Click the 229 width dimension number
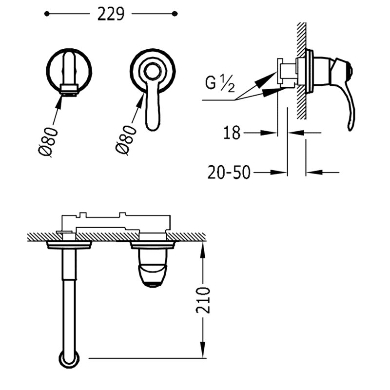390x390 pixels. coord(111,14)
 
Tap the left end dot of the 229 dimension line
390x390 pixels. coord(47,14)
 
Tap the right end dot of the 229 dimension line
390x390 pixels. coord(175,14)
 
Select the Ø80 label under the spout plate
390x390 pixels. coord(48,142)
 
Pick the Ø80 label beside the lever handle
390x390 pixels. coord(126,139)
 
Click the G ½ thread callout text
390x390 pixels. coord(220,83)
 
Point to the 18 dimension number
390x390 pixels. coord(232,133)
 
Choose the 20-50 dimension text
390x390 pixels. coord(229,173)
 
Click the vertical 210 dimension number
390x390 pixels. coord(203,300)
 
